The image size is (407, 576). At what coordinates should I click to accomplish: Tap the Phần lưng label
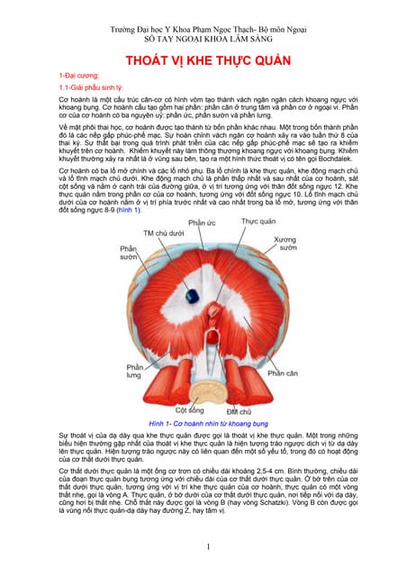pyautogui.click(x=134, y=372)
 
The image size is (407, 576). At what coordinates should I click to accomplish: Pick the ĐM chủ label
pyautogui.click(x=224, y=411)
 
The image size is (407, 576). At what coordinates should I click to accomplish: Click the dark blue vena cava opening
pyautogui.click(x=191, y=295)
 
